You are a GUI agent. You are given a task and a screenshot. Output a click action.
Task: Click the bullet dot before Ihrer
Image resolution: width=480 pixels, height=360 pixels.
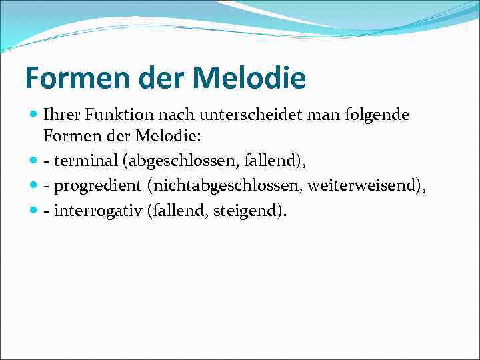click(x=34, y=115)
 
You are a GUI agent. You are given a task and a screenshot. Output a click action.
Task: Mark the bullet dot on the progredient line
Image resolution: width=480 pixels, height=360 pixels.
click(x=34, y=185)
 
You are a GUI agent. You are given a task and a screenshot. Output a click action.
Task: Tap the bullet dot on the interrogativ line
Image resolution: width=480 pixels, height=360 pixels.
click(x=34, y=211)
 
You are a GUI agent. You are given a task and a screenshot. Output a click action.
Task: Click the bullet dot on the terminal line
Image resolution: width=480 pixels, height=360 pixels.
click(x=34, y=161)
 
